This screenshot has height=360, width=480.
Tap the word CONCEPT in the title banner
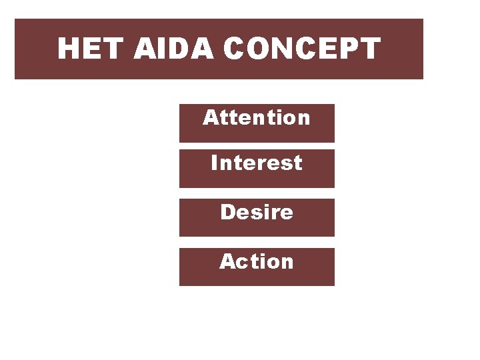302,49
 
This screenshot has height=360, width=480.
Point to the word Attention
257,118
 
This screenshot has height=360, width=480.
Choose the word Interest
257,163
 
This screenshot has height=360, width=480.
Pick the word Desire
257,213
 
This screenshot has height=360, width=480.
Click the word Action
257,262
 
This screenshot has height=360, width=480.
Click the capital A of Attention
210,118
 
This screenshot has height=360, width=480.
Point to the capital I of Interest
214,163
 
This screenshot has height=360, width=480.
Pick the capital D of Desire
227,213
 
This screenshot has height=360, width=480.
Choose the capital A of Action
227,262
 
